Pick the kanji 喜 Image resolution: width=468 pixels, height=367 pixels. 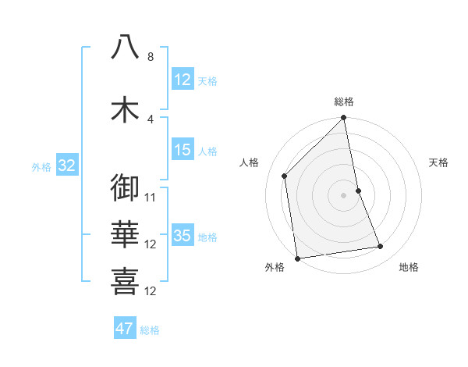(125, 280)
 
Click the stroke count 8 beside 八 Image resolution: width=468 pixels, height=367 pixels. (151, 57)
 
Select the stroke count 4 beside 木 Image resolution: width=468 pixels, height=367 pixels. (151, 119)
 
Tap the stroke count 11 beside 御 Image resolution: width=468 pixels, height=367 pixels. (151, 198)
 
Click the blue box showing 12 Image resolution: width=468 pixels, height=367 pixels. (183, 80)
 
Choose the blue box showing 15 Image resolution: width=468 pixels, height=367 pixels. (183, 150)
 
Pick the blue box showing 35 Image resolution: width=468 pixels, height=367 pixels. (183, 236)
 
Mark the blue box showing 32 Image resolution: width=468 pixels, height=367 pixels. (66, 166)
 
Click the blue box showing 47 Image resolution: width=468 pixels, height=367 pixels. (125, 329)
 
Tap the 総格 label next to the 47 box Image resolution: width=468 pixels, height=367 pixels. (150, 330)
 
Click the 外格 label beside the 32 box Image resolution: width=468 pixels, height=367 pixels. (41, 166)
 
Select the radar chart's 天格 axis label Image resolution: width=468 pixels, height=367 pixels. (439, 162)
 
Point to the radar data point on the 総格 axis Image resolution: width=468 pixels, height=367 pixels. (344, 119)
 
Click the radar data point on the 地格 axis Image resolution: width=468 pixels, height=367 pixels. (381, 247)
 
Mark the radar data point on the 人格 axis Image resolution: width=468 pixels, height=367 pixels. (285, 176)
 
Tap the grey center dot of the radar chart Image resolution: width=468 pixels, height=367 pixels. (344, 195)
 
